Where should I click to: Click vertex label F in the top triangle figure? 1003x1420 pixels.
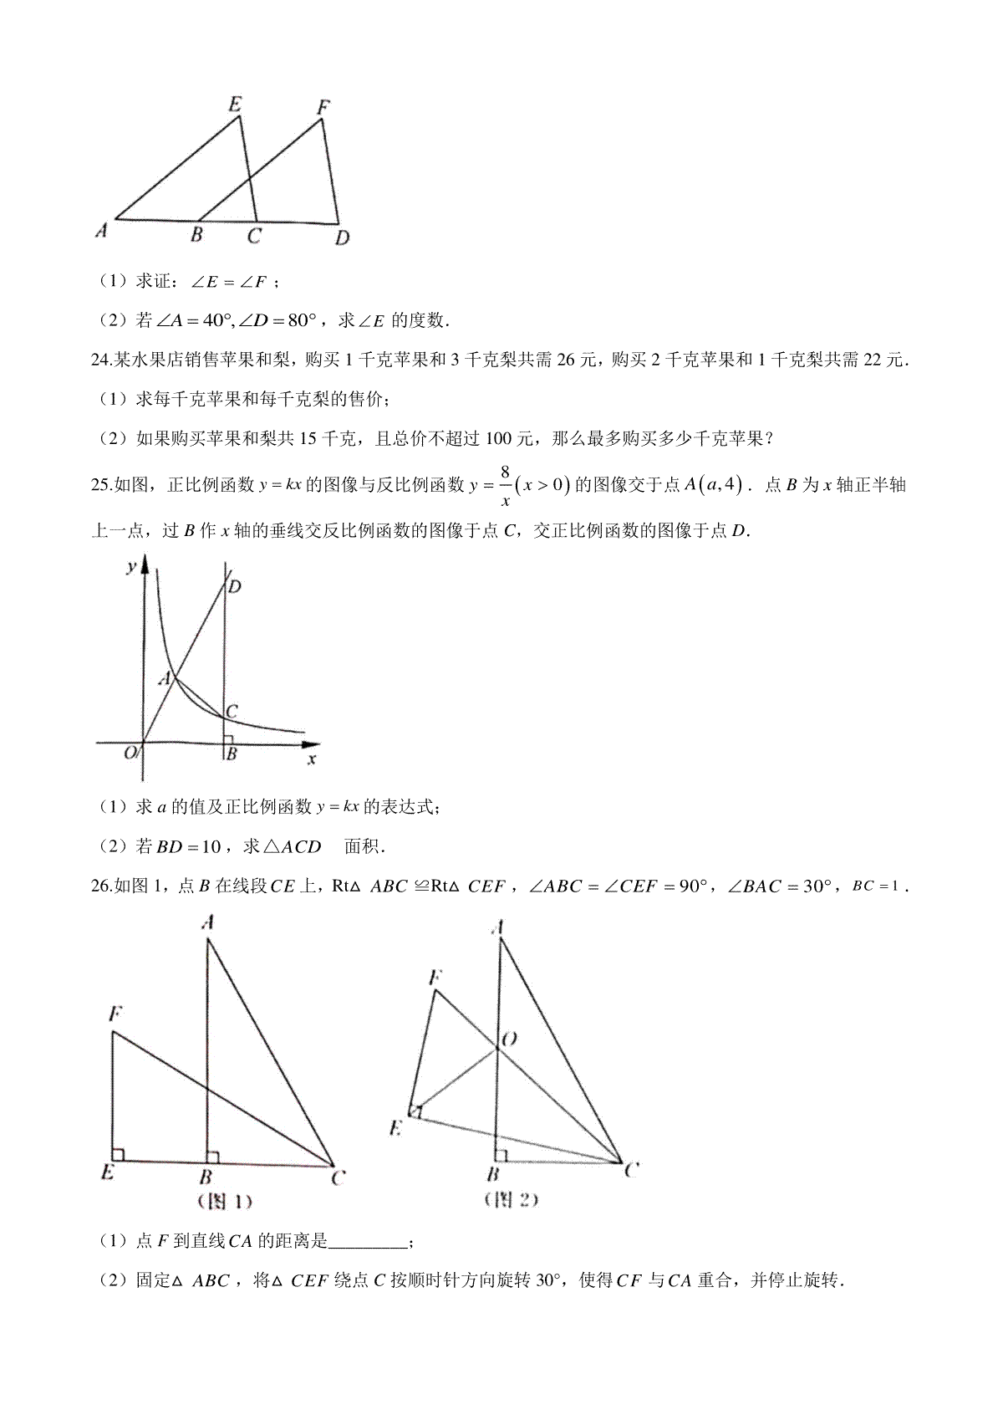324,107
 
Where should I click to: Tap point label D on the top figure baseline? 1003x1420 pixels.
342,239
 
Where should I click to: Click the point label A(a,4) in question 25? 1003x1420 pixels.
712,485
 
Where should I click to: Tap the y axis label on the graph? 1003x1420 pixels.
131,568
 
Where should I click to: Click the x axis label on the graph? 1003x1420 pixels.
312,759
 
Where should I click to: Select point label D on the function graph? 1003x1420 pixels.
235,586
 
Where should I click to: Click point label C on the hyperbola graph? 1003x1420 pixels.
232,711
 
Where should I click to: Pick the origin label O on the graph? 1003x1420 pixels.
130,753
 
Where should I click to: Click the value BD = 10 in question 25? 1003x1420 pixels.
189,846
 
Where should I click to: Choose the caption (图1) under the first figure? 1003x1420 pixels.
225,1202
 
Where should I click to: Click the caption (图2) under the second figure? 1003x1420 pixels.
512,1200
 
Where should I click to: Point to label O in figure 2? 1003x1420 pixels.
508,1039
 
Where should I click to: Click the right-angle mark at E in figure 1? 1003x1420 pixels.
118,1155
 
